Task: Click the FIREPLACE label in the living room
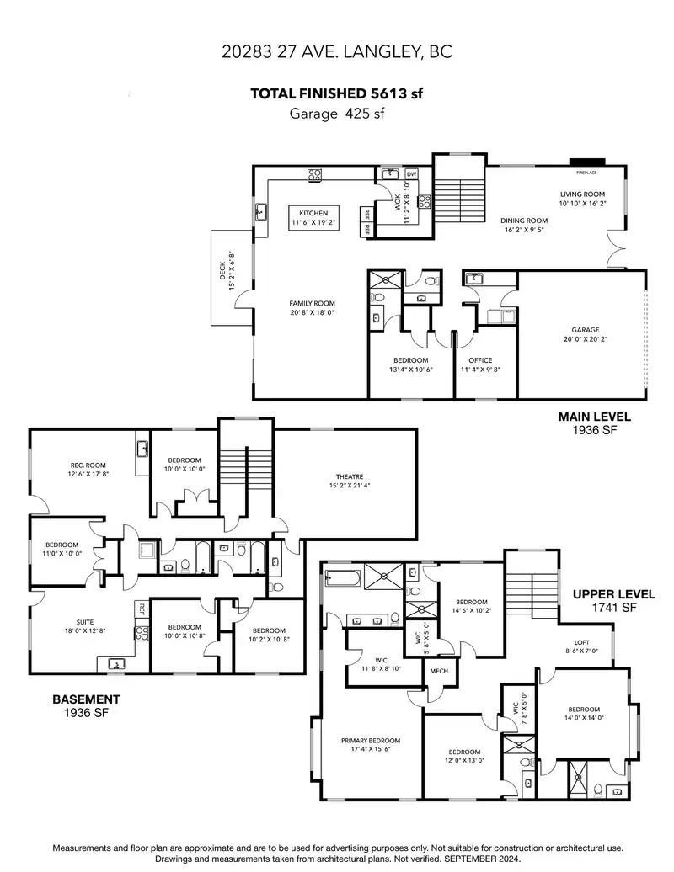[x=586, y=173]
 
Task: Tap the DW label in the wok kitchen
[x=411, y=174]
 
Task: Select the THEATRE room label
[x=350, y=476]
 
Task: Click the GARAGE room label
[x=586, y=330]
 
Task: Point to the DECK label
[x=222, y=271]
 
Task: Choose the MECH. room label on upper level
[x=440, y=671]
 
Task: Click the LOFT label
[x=581, y=642]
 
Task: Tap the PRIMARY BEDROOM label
[x=371, y=740]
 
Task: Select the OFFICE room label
[x=480, y=360]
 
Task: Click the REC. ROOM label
[x=88, y=465]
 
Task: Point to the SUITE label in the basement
[x=85, y=622]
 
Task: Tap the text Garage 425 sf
[x=337, y=114]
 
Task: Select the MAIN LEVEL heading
[x=595, y=417]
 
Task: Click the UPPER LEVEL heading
[x=614, y=594]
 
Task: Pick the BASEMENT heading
[x=86, y=699]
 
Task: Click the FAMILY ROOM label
[x=312, y=304]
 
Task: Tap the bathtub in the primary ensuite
[x=343, y=579]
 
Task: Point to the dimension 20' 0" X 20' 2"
[x=586, y=338]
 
